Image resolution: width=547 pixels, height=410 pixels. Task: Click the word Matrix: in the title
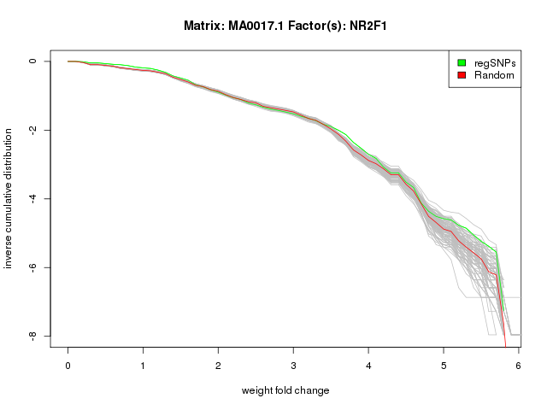click(204, 26)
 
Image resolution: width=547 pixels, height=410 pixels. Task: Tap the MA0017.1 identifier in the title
click(255, 26)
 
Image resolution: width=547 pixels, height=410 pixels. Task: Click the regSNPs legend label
click(495, 62)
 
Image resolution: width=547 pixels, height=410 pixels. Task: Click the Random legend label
click(494, 75)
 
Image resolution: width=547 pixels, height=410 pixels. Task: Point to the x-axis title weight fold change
click(285, 390)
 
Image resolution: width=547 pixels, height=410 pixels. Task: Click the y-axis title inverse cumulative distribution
click(9, 198)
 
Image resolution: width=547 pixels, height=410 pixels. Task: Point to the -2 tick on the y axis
click(32, 130)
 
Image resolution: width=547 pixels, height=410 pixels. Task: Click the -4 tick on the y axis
click(32, 199)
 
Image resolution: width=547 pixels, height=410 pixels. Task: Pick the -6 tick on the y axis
click(32, 267)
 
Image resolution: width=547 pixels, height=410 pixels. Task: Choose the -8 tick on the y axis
click(32, 337)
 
